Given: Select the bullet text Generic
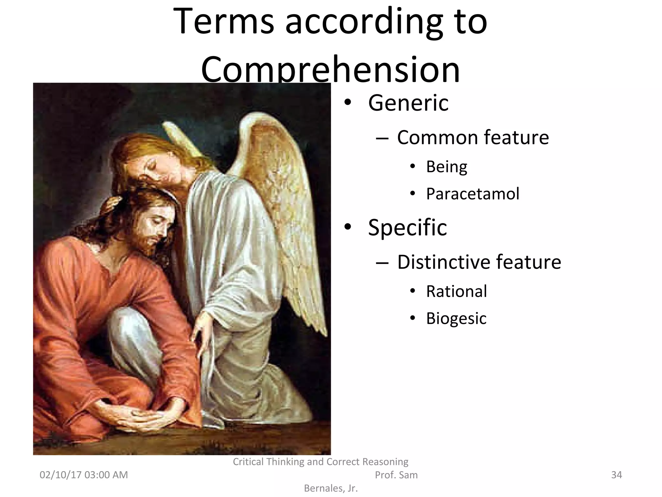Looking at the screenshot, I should pyautogui.click(x=408, y=103).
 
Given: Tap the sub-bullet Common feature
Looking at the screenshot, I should pyautogui.click(x=473, y=138).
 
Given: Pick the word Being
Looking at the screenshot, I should pyautogui.click(x=446, y=167).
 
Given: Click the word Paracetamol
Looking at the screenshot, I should pyautogui.click(x=472, y=194).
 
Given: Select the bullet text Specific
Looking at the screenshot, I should pyautogui.click(x=407, y=227).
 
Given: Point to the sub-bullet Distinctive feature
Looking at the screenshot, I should pyautogui.click(x=479, y=262).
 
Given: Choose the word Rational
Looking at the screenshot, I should pyautogui.click(x=456, y=291).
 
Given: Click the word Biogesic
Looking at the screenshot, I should pyautogui.click(x=456, y=318).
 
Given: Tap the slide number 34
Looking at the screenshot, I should pyautogui.click(x=616, y=475).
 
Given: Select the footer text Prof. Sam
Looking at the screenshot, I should pyautogui.click(x=396, y=475).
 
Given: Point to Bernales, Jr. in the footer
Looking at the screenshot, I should pyautogui.click(x=331, y=488).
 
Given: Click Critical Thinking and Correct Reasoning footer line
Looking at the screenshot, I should pyautogui.click(x=320, y=461).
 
